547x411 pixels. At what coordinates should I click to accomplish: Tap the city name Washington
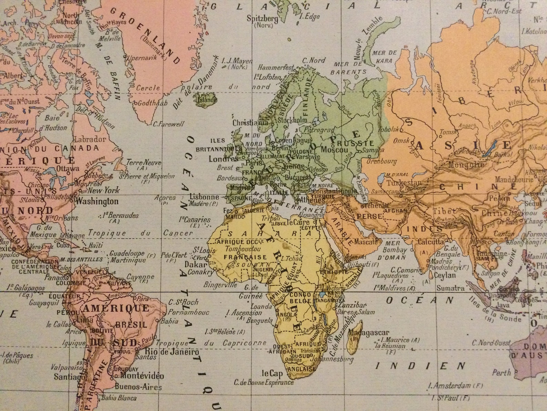(97, 202)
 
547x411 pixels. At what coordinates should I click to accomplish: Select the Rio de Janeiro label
(172, 352)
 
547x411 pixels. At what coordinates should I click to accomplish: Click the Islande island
(206, 100)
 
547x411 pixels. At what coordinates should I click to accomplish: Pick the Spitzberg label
(262, 19)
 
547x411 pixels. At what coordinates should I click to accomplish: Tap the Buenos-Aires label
(138, 387)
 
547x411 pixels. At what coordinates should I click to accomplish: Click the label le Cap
(272, 373)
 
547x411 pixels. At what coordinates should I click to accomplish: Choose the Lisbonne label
(204, 197)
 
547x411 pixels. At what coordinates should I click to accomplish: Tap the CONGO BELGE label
(301, 298)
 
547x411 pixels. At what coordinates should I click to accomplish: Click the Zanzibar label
(352, 305)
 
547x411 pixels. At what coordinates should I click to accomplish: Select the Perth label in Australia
(502, 372)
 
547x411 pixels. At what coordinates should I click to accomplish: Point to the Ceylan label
(445, 275)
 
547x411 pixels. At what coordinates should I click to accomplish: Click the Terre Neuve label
(139, 163)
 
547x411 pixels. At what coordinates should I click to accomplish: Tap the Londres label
(223, 159)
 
